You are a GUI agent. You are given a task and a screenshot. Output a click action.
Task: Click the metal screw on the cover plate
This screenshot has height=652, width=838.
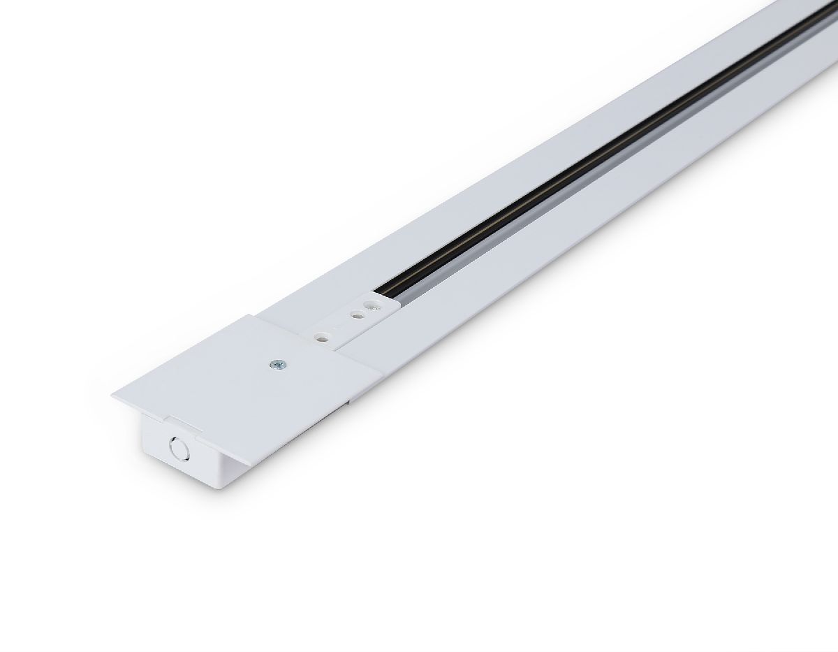click(x=279, y=364)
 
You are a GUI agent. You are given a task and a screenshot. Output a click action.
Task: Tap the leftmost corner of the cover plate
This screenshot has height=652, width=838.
click(x=112, y=396)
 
